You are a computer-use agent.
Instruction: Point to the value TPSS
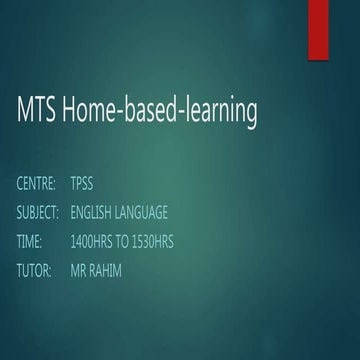[x=81, y=184]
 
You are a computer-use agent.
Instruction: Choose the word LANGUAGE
[x=142, y=213]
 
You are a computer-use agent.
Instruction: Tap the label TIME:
[x=29, y=242]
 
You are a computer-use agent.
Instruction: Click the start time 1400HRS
[x=91, y=242]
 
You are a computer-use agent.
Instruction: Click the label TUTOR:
[x=34, y=271]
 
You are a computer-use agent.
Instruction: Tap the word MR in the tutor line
[x=79, y=271]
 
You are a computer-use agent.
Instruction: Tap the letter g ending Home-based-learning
[x=250, y=115]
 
